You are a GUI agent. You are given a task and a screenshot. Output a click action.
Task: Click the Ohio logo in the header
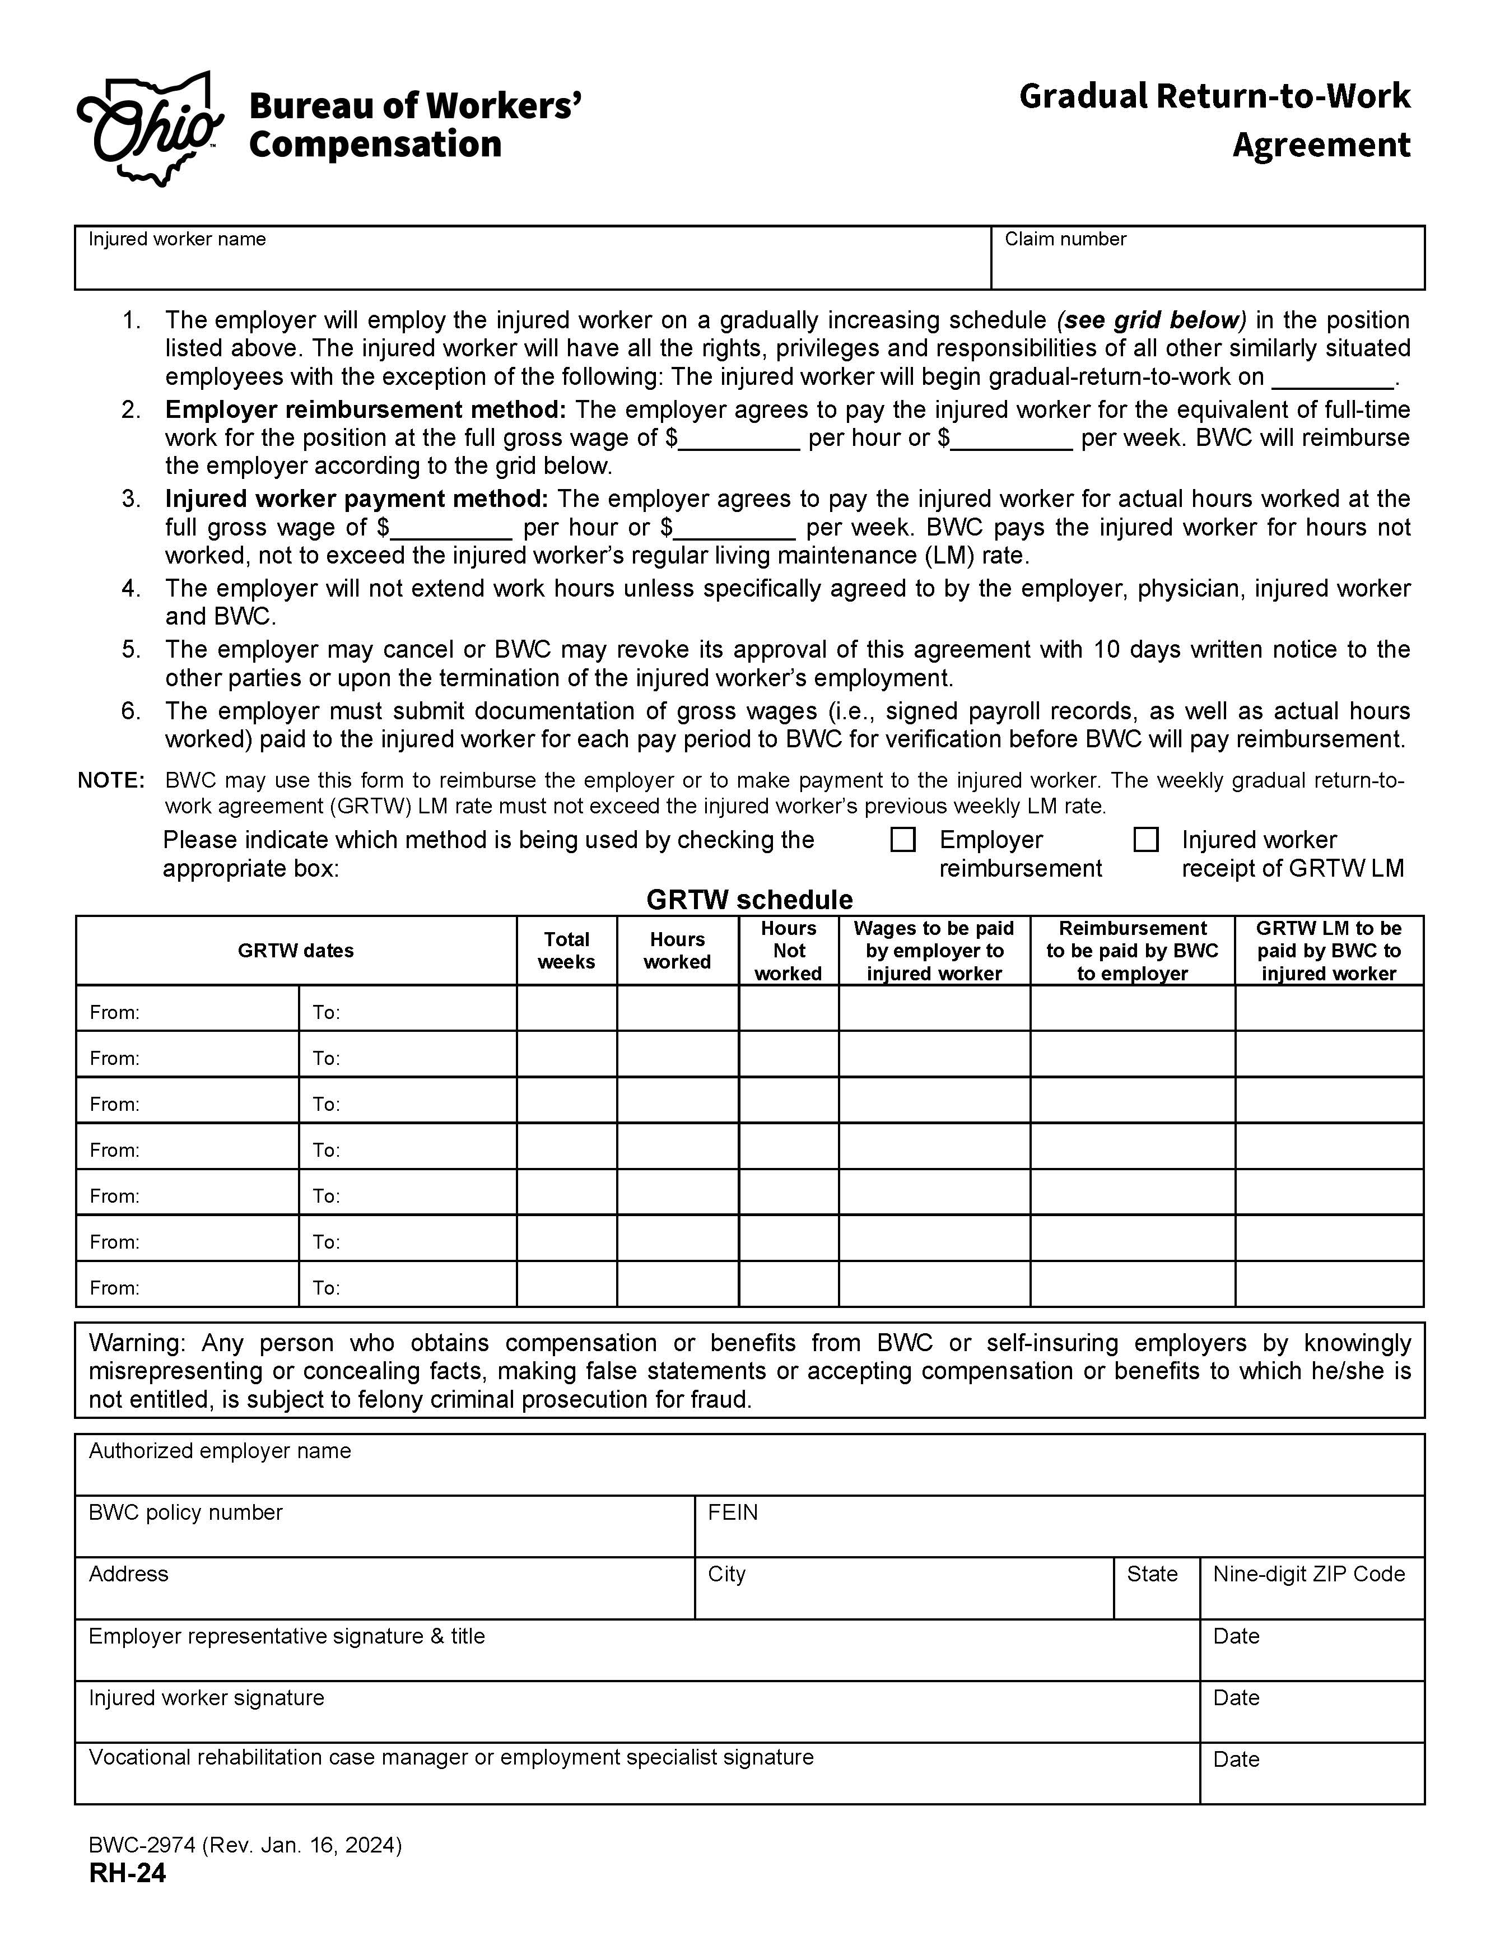(150, 129)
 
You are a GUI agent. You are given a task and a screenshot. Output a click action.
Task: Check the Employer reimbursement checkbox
(903, 840)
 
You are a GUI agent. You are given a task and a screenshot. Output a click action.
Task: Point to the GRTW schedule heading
(749, 900)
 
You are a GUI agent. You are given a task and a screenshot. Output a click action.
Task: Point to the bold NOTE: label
(111, 780)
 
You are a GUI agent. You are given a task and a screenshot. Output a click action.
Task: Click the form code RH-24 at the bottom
(127, 1873)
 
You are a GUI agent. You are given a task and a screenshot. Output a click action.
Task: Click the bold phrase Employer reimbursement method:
(365, 409)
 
